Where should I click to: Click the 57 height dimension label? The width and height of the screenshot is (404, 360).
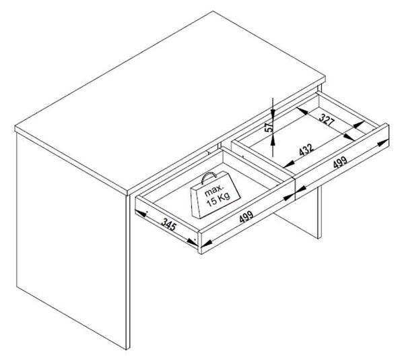269,127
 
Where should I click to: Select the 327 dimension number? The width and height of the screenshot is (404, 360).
327,119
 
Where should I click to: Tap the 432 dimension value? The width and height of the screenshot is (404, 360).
306,150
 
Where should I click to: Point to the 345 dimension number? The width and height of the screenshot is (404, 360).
169,224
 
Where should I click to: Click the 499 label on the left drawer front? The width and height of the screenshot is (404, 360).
246,216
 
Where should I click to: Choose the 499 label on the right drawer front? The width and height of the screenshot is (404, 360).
340,162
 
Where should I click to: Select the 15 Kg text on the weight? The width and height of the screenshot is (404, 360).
218,200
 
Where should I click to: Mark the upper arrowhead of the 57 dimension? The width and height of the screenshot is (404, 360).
272,112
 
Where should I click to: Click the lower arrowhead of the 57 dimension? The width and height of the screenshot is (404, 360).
272,140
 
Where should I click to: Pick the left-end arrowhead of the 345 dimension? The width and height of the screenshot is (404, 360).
141,213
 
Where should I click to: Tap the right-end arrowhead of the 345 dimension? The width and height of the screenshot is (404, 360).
192,242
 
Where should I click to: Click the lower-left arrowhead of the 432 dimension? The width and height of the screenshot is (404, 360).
289,164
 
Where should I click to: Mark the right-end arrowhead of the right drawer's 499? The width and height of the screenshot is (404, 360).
383,143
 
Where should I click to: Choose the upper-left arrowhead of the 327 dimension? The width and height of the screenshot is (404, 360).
302,111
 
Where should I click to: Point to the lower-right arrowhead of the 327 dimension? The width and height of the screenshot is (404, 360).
349,137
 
